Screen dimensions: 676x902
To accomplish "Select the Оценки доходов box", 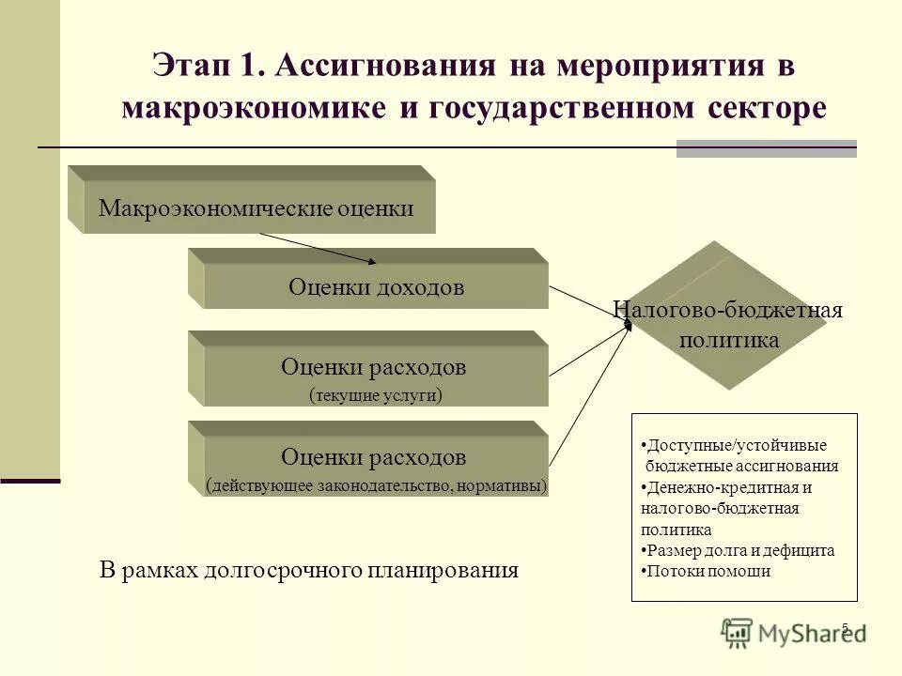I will (x=376, y=287).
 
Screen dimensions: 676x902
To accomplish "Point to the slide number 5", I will (x=845, y=628).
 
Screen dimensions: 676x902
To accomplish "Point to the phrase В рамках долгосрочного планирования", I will (x=309, y=570).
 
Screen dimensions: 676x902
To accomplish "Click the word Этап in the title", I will (x=194, y=68).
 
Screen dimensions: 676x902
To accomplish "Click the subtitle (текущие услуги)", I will (x=375, y=395).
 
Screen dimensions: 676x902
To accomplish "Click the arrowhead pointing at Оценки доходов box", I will (x=371, y=262).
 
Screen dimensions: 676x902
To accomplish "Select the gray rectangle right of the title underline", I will (x=767, y=148).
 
